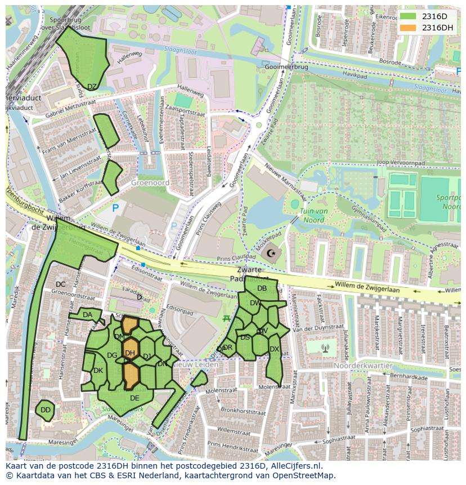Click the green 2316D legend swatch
409,16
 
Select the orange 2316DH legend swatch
409,28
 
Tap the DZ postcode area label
92,87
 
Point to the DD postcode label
46,410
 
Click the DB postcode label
262,288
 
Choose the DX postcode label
274,349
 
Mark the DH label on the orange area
130,353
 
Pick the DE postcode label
135,398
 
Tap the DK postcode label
98,371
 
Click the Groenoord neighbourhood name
150,183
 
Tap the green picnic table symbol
226,318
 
